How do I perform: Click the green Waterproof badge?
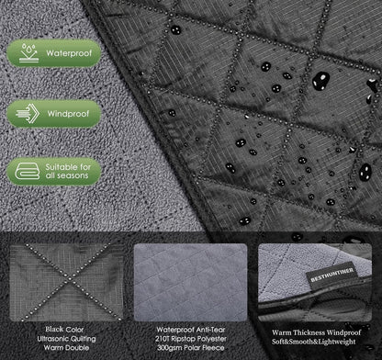point(54,53)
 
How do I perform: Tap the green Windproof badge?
point(54,114)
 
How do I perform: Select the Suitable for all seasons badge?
point(54,172)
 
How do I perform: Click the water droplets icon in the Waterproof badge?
point(28,53)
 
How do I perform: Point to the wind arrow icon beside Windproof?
point(28,114)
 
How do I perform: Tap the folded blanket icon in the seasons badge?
point(28,171)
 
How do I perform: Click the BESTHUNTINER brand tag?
point(332,276)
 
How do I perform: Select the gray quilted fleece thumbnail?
point(190,282)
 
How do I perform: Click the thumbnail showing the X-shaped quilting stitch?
point(66,282)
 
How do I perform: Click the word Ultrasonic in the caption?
point(53,339)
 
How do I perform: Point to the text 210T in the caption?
point(163,339)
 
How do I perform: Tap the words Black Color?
point(64,330)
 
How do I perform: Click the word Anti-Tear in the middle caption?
point(210,330)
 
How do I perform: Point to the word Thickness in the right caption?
point(309,332)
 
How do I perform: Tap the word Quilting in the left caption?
point(83,339)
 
